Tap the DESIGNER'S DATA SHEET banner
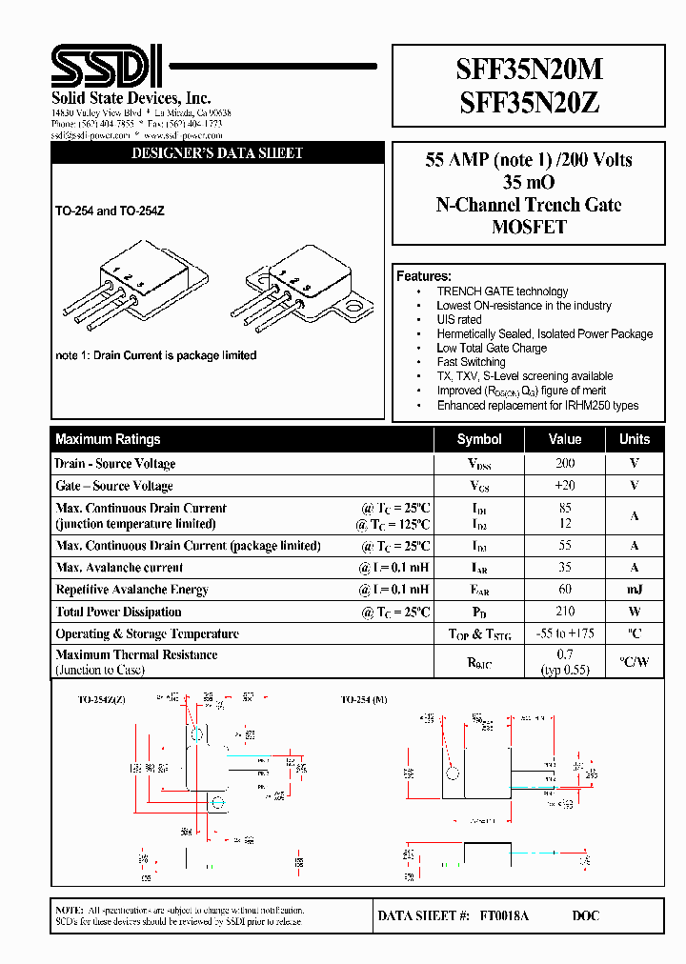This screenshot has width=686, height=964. [x=217, y=153]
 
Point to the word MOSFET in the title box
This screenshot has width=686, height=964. [x=529, y=227]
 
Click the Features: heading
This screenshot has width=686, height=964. [x=424, y=276]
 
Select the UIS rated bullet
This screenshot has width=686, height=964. [x=459, y=320]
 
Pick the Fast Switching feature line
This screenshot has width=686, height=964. [x=471, y=362]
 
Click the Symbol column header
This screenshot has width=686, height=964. [x=479, y=439]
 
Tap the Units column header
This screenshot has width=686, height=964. [x=634, y=439]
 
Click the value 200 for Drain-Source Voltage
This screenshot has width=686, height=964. [x=565, y=463]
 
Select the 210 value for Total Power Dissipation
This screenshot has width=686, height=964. [x=565, y=612]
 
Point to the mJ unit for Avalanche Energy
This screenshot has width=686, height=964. [x=634, y=590]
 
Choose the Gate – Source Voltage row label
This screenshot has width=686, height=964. [x=114, y=486]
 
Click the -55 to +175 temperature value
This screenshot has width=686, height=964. [x=565, y=633]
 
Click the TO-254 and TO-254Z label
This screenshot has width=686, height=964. [x=110, y=211]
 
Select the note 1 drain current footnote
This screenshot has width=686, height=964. [x=156, y=355]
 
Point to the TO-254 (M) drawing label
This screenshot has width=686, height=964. [x=365, y=699]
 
